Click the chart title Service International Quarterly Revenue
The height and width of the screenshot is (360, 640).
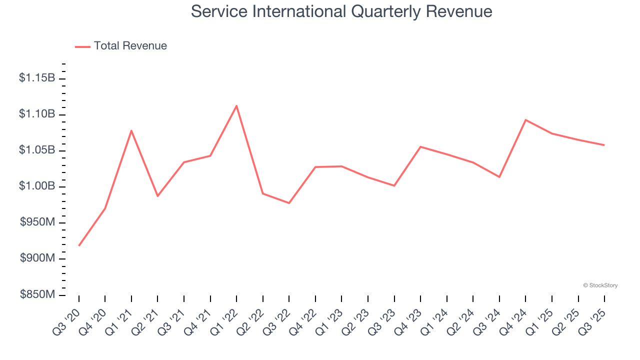pyautogui.click(x=341, y=11)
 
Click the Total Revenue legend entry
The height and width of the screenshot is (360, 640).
pyautogui.click(x=121, y=46)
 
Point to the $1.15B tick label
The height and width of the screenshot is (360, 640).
pyautogui.click(x=37, y=78)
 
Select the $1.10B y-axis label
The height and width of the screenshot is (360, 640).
pyautogui.click(x=37, y=114)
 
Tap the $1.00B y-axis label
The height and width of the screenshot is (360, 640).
pyautogui.click(x=37, y=186)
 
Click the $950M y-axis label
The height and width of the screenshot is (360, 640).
pyautogui.click(x=37, y=222)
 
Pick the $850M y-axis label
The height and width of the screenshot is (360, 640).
pyautogui.click(x=37, y=294)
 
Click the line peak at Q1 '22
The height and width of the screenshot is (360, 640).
pyautogui.click(x=236, y=105)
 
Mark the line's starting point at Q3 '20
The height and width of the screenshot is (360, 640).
pyautogui.click(x=79, y=245)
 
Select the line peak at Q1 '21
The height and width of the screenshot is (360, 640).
pyautogui.click(x=131, y=130)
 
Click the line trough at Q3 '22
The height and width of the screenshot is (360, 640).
pyautogui.click(x=289, y=203)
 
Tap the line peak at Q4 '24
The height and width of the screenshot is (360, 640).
pyautogui.click(x=525, y=119)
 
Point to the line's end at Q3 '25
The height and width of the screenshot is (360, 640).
pyautogui.click(x=604, y=145)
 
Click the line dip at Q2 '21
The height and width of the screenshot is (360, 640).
pyautogui.click(x=157, y=196)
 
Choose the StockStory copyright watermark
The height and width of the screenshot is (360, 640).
pyautogui.click(x=600, y=285)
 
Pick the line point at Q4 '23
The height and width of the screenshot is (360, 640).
pyautogui.click(x=420, y=146)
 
